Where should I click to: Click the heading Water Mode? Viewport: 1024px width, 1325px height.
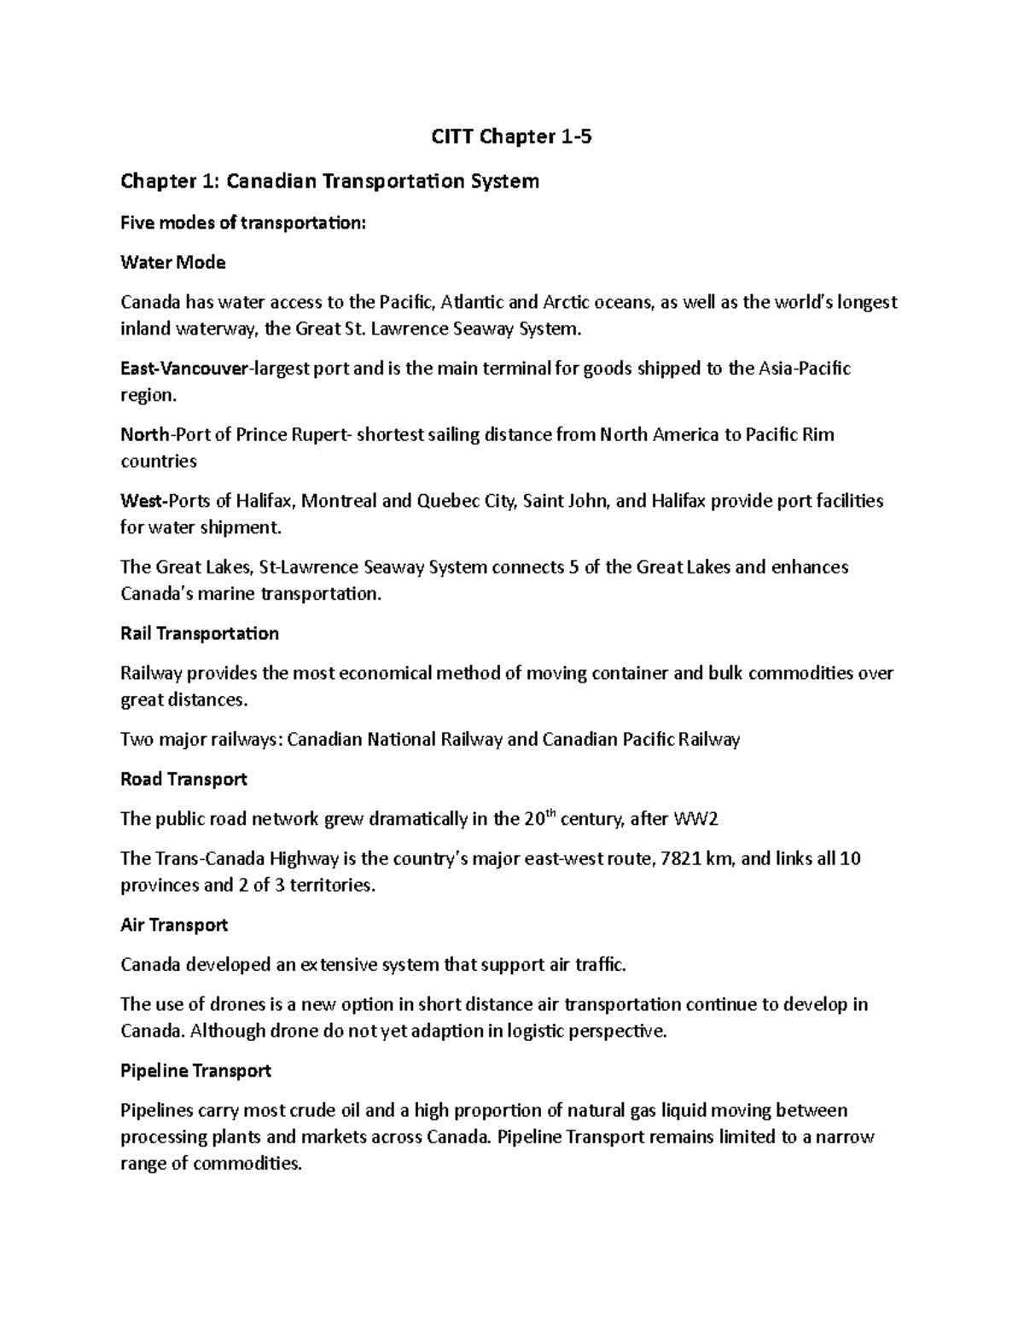pos(173,263)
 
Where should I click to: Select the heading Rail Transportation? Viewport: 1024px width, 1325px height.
pos(200,633)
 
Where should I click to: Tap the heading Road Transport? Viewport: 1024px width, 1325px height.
pos(183,779)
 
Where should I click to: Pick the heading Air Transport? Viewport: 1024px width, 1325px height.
pos(174,925)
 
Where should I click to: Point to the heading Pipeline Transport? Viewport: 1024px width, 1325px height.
pos(195,1071)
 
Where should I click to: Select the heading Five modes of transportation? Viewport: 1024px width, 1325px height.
pos(243,223)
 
